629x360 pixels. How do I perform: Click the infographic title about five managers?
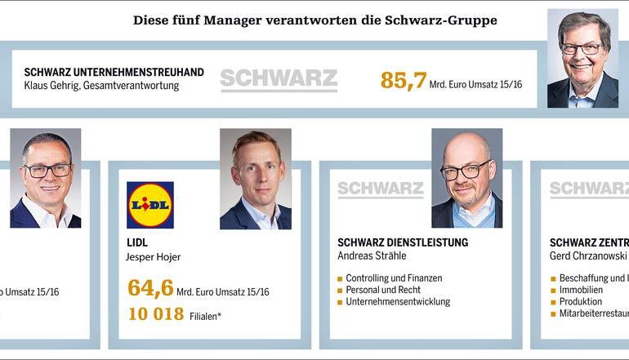314,20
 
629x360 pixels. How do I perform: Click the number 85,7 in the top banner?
404,80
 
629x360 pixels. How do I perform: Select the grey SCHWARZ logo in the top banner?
279,80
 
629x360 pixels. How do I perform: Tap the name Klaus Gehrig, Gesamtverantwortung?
101,86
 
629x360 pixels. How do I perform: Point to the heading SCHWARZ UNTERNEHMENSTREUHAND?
114,72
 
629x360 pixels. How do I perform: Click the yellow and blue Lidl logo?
150,205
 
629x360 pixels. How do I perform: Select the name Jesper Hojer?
154,257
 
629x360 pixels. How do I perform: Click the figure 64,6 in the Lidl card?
150,288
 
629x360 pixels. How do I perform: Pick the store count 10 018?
155,314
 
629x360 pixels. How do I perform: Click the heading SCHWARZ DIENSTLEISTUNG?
403,242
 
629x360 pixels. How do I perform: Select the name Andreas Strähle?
372,256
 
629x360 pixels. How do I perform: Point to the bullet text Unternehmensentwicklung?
398,301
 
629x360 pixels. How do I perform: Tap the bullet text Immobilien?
581,290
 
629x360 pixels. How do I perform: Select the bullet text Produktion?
581,301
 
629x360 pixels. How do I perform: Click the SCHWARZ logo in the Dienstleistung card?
380,189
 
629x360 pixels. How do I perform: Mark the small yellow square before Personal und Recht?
340,291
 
